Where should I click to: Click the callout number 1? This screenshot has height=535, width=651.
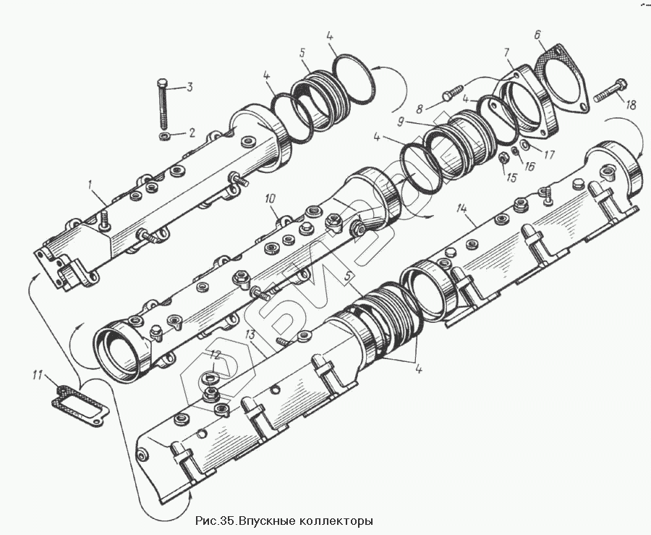tap(90, 186)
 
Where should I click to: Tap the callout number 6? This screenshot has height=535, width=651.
tap(537, 35)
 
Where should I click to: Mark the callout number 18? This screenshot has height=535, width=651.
tap(631, 105)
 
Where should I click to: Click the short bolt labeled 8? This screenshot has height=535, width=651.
tap(451, 93)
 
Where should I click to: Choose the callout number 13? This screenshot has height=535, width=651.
tap(250, 334)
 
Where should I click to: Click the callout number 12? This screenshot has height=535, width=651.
tap(214, 354)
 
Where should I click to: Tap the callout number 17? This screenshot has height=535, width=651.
tap(549, 153)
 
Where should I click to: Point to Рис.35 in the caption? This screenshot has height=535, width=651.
tap(216, 521)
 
